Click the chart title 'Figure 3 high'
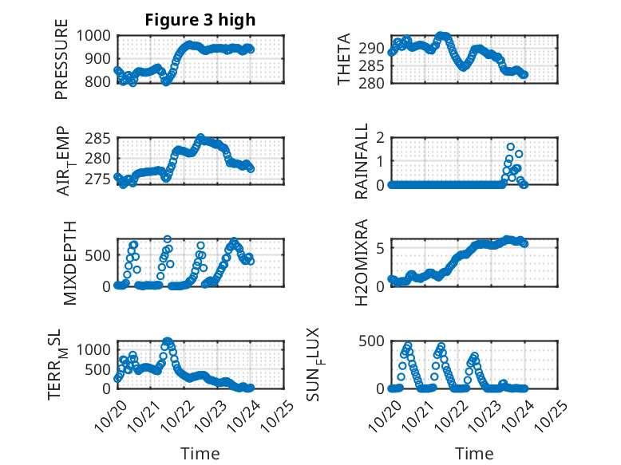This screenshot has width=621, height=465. click(x=200, y=20)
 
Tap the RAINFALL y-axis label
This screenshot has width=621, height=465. click(x=362, y=161)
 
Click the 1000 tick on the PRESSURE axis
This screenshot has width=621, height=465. click(x=97, y=35)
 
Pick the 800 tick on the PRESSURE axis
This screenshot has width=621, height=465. click(x=101, y=81)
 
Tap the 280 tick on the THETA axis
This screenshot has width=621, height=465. click(x=375, y=83)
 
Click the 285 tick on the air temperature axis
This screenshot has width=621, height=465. click(x=101, y=139)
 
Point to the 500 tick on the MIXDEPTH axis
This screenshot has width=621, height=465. click(x=101, y=254)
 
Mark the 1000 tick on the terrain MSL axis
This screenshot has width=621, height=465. click(x=97, y=349)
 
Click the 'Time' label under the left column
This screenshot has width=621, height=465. click(x=200, y=453)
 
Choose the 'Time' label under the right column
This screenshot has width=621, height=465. click(x=474, y=453)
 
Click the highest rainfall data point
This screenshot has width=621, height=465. click(x=511, y=147)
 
